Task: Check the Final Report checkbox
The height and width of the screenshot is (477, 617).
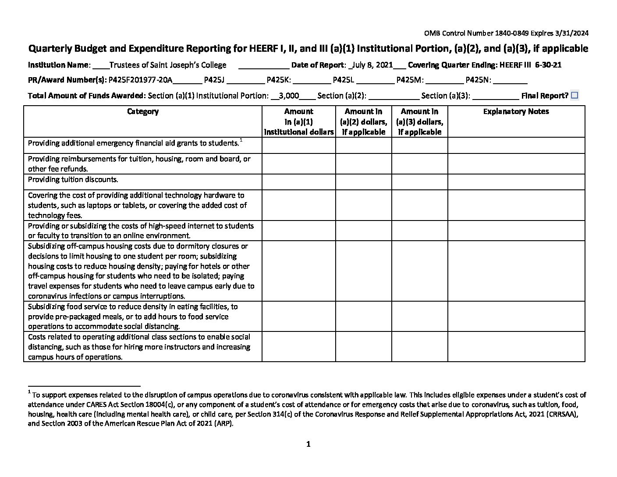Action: point(574,95)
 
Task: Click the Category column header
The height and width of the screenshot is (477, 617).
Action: point(142,111)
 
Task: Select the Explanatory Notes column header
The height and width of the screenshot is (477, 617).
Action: point(516,111)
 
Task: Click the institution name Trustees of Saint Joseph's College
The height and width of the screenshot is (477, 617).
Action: point(167,65)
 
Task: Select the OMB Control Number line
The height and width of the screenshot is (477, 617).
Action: point(506,33)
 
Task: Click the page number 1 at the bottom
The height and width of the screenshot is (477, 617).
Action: point(308,444)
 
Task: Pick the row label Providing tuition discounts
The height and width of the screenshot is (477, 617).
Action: point(73,179)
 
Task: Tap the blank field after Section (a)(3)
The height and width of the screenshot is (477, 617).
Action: point(496,96)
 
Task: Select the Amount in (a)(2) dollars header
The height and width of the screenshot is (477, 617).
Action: point(363,121)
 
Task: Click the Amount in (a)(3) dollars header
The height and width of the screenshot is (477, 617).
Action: point(419,121)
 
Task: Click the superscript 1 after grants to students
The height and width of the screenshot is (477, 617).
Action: point(241,140)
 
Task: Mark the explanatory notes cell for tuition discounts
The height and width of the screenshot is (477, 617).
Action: point(516,182)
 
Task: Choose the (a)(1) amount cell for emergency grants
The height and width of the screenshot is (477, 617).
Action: point(298,145)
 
